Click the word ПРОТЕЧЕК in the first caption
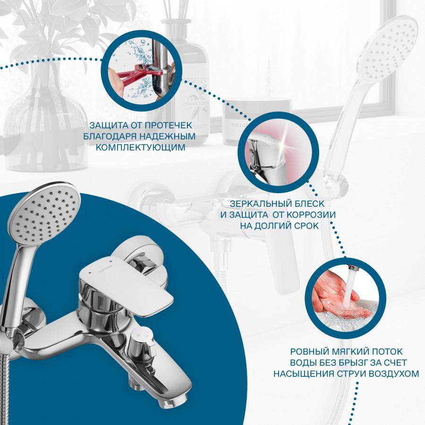click(168, 126)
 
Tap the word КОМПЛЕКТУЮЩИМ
click(140, 147)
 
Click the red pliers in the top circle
click(136, 77)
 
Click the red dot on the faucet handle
click(90, 272)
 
